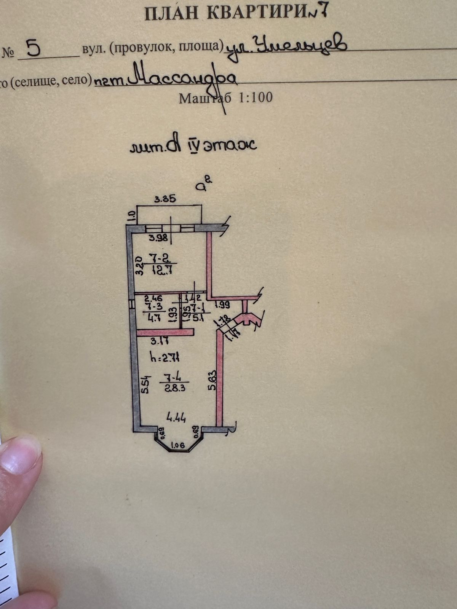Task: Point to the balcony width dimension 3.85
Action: (165, 199)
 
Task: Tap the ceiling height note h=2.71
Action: (165, 358)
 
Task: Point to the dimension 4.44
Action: (176, 418)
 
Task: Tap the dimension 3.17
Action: (159, 341)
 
